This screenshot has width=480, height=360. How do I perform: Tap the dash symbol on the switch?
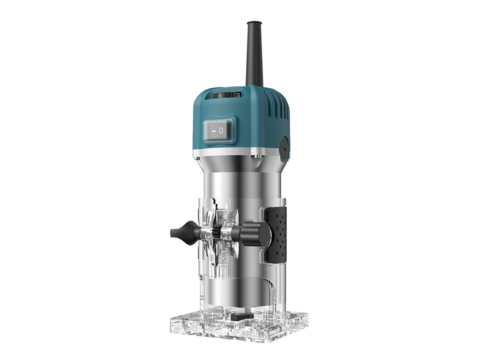[x=214, y=131]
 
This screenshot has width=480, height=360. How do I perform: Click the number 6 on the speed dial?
[x=220, y=96]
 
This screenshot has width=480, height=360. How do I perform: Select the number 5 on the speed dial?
[x=238, y=95]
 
